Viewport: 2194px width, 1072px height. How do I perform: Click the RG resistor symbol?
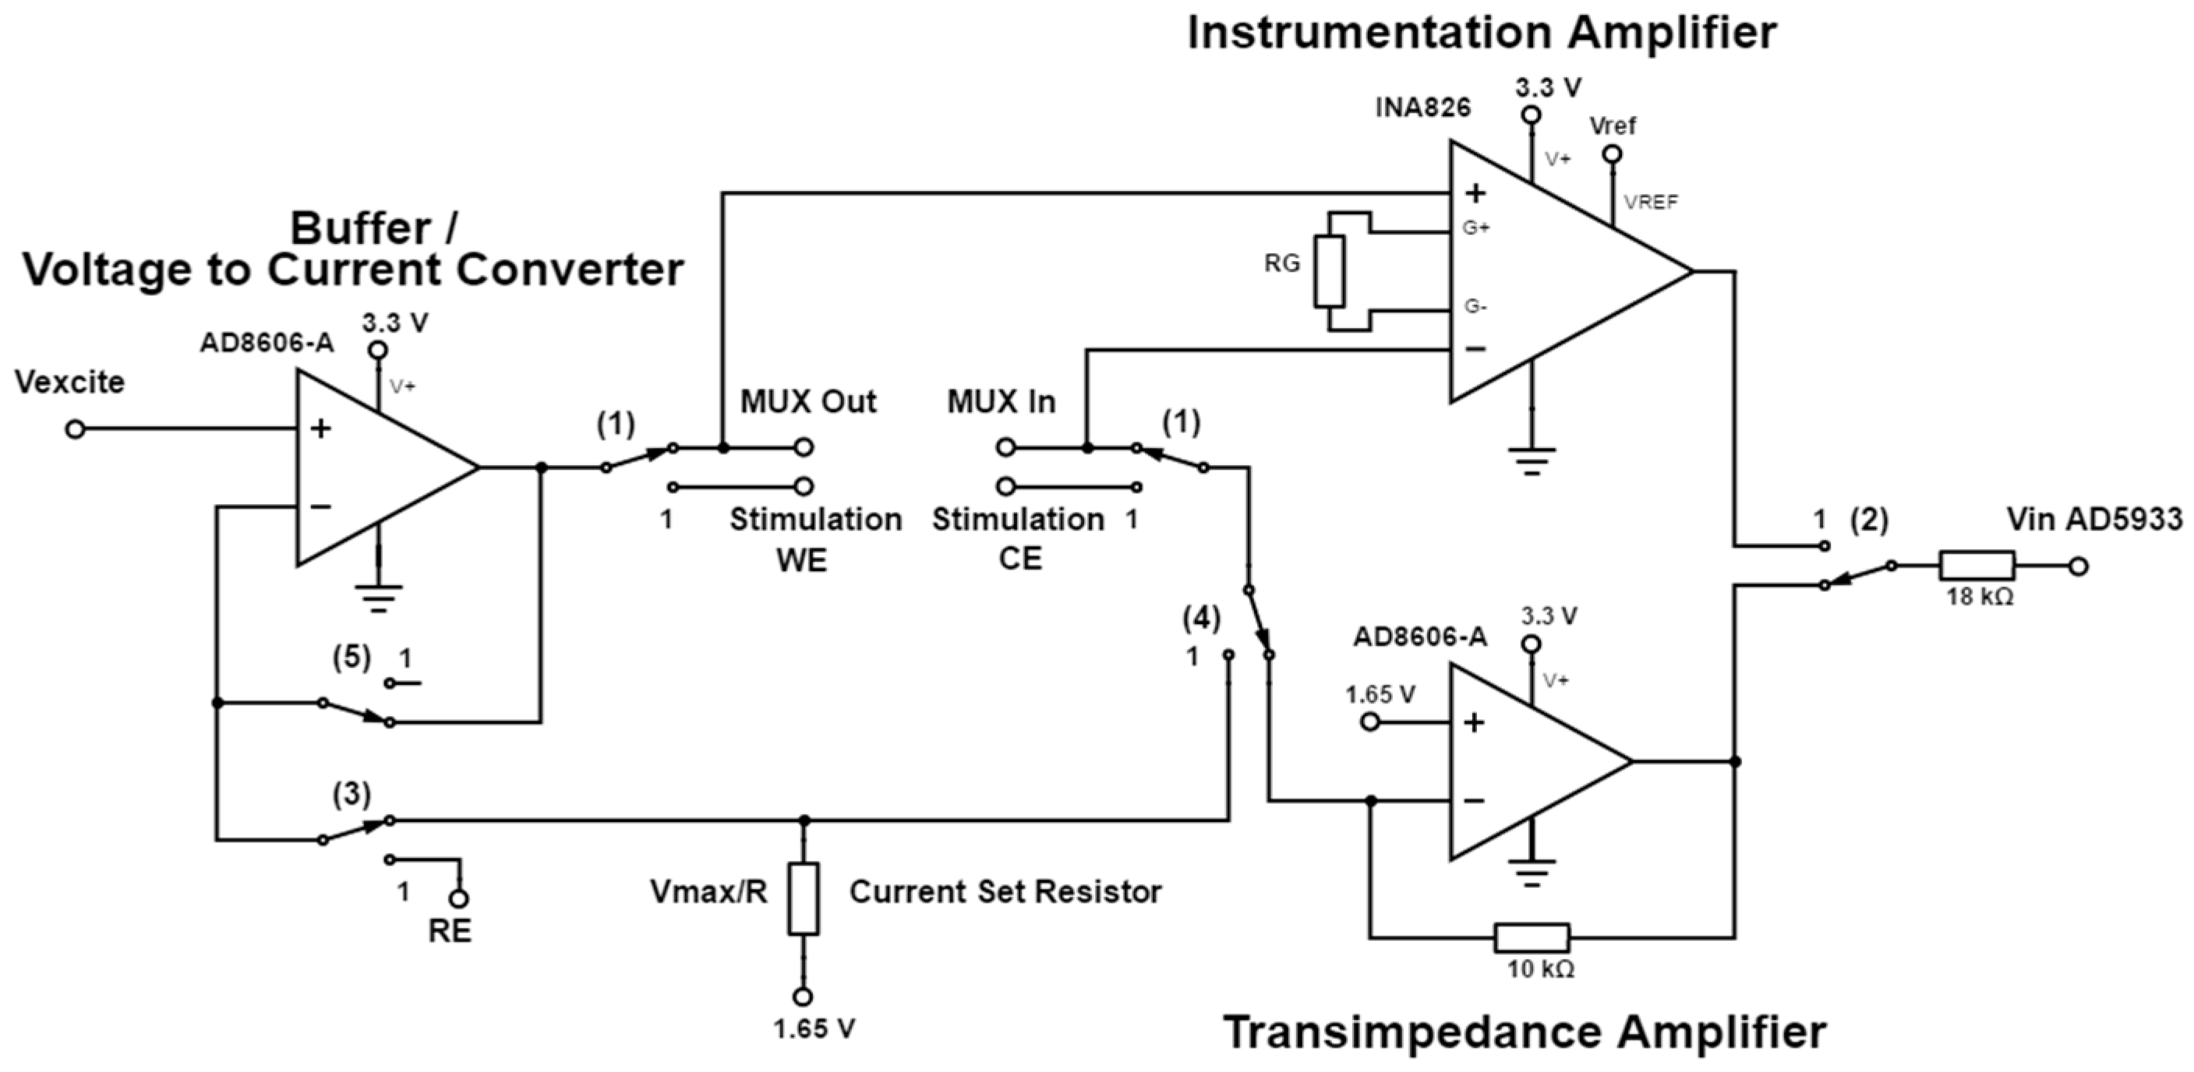(x=1329, y=271)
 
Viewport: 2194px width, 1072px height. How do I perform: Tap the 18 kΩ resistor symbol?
(x=1977, y=566)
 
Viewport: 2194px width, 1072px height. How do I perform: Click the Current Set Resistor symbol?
(x=803, y=899)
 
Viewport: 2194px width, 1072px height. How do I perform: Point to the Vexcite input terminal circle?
(x=75, y=429)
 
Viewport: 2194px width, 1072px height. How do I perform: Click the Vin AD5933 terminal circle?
(x=2078, y=566)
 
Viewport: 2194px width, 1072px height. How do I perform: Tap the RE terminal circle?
(x=459, y=898)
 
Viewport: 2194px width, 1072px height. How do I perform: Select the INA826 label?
(x=1422, y=108)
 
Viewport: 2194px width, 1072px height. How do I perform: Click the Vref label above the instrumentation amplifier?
(x=1613, y=126)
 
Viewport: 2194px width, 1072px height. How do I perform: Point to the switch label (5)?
(x=352, y=658)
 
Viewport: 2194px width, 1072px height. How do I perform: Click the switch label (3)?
(x=352, y=795)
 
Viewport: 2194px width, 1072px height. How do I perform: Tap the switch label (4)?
(x=1202, y=619)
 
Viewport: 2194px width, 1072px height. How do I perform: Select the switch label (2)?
(x=1870, y=520)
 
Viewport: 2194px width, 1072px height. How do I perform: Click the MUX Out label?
(x=807, y=401)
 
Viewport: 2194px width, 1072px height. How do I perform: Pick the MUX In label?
(x=1001, y=401)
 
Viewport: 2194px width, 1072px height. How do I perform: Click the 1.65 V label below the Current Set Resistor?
(x=814, y=1029)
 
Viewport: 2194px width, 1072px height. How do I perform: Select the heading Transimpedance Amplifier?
(x=1524, y=1032)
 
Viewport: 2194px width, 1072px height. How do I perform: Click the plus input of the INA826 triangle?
(x=1475, y=193)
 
